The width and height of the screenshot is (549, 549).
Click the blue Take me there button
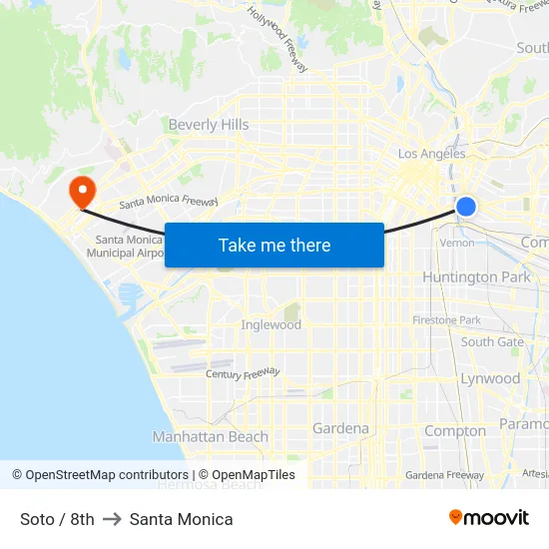click(x=274, y=245)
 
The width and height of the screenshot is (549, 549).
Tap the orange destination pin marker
click(x=80, y=191)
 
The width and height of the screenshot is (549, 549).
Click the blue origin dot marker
click(x=466, y=207)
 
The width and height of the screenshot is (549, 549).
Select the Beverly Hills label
click(x=209, y=125)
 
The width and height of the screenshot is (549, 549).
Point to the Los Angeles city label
click(x=431, y=154)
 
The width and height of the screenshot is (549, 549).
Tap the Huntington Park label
click(x=476, y=276)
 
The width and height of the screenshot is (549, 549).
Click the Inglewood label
click(x=271, y=325)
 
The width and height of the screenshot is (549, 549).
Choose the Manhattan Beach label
click(x=211, y=436)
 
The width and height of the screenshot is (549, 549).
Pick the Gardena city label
click(x=340, y=428)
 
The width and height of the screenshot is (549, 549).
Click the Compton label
click(x=455, y=431)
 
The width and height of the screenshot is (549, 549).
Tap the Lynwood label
click(x=490, y=378)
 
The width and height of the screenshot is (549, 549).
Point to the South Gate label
click(x=492, y=341)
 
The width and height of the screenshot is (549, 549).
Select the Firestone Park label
click(x=446, y=320)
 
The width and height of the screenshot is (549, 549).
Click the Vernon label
click(x=457, y=243)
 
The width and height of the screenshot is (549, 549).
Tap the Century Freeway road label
click(x=243, y=373)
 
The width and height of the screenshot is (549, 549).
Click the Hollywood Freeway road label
click(x=277, y=39)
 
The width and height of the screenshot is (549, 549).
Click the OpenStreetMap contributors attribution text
click(x=101, y=475)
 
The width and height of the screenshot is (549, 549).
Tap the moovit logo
click(x=488, y=517)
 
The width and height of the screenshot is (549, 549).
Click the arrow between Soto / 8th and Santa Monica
click(x=112, y=519)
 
